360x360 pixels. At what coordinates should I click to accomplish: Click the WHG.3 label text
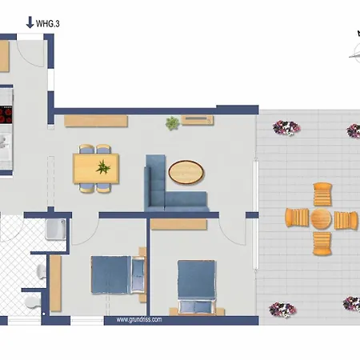(48, 24)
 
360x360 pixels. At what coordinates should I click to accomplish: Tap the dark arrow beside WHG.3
(30, 22)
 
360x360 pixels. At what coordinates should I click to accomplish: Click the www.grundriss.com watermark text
(139, 319)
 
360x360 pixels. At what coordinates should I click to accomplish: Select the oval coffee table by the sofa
(186, 172)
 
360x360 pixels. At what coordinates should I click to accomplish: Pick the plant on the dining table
(103, 167)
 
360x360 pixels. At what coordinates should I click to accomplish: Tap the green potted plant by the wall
(172, 123)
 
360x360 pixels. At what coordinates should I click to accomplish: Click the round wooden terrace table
(321, 218)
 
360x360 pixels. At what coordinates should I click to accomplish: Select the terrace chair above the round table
(322, 194)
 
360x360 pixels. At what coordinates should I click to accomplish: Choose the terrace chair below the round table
(322, 243)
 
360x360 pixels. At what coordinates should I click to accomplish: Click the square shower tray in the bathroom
(55, 229)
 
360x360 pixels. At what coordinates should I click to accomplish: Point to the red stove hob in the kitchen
(6, 114)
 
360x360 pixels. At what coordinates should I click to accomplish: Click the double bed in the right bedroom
(196, 286)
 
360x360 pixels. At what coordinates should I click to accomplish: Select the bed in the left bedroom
(118, 274)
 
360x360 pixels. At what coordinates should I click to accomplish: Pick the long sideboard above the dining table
(96, 121)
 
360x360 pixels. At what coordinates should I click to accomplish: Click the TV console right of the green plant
(198, 120)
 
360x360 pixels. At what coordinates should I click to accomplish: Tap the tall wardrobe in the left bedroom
(55, 283)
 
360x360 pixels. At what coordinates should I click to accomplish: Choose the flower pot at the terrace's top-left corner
(286, 127)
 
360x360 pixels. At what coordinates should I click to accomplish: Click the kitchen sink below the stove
(6, 142)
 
